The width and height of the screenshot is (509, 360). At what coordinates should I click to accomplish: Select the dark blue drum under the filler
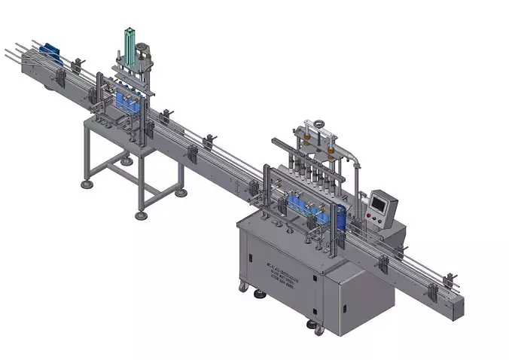(x=341, y=218)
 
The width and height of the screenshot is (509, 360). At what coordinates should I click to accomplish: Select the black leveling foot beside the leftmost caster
(x=261, y=295)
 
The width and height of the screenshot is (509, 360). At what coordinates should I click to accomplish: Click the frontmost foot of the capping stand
(x=140, y=215)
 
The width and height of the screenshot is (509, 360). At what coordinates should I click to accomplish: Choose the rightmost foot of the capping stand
(x=181, y=193)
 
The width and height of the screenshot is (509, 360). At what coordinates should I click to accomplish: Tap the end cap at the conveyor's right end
(x=459, y=310)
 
